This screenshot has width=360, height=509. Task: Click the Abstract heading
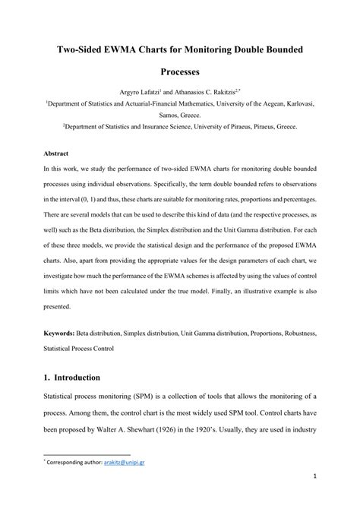[57, 151]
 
